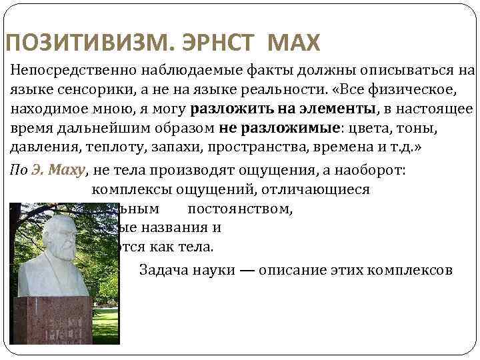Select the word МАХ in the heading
[x=294, y=44]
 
